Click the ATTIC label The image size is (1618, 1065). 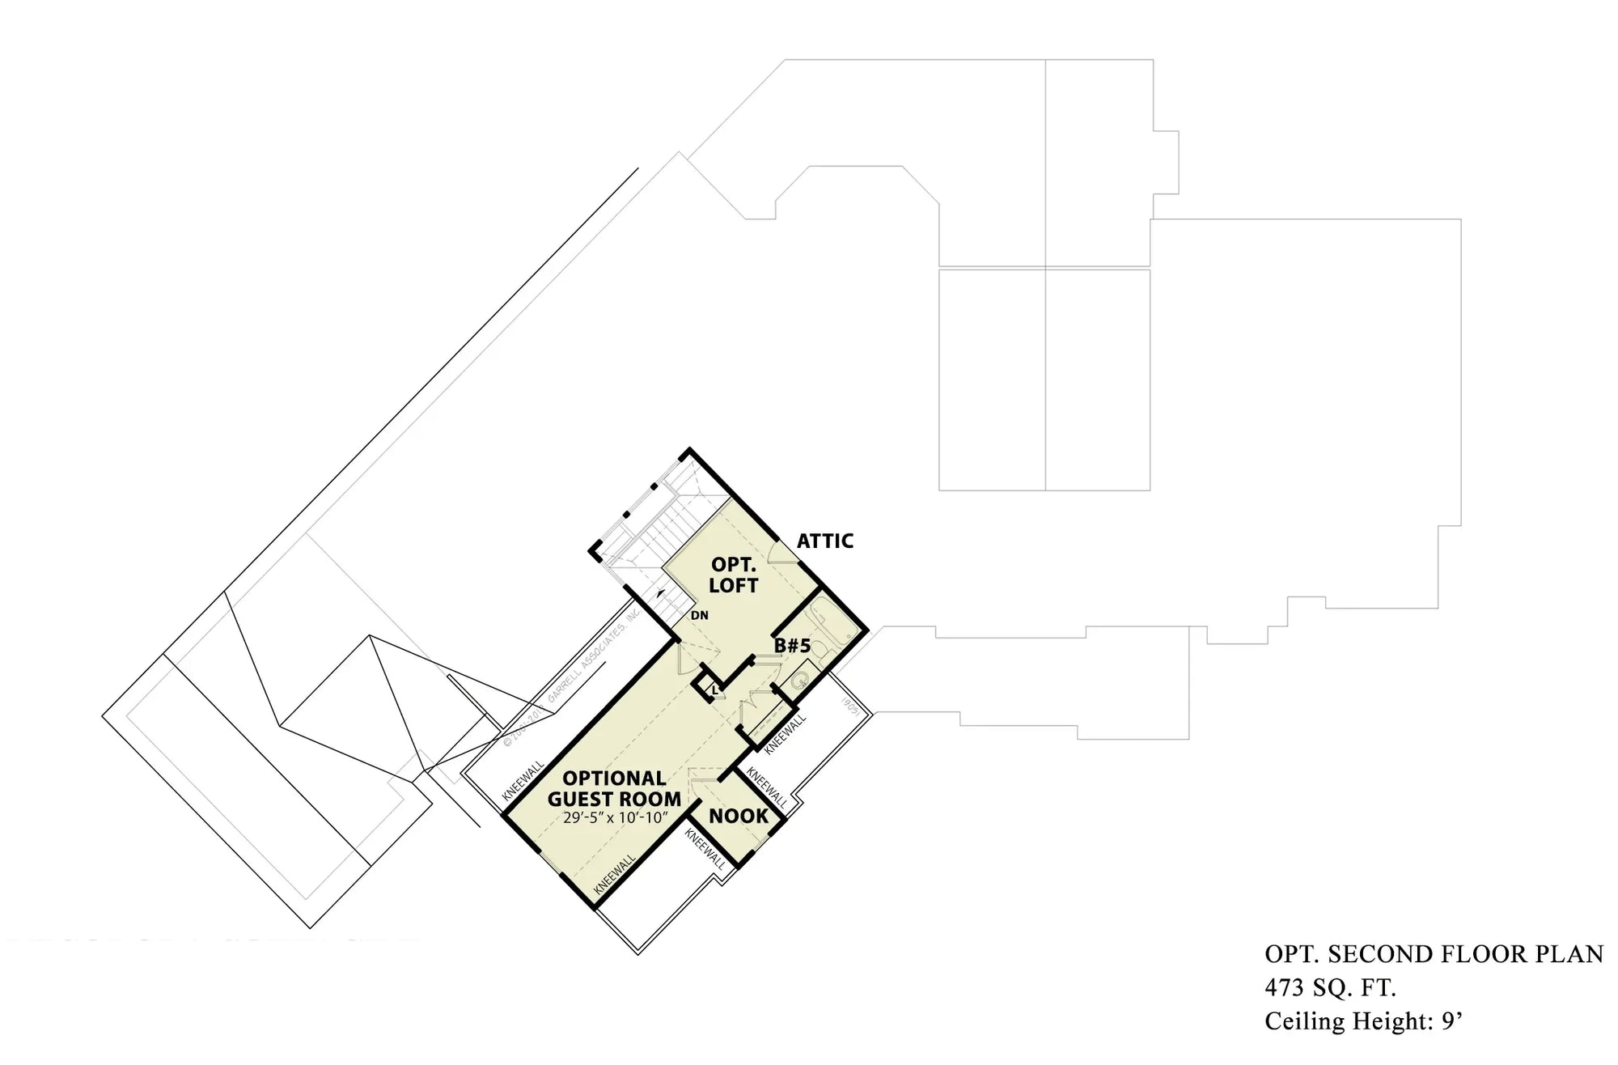pos(824,541)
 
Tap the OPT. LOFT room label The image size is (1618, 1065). pos(734,575)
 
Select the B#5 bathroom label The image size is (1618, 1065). pos(792,646)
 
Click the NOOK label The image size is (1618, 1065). pos(738,816)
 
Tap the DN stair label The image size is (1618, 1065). pos(700,615)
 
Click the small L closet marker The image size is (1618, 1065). pos(714,690)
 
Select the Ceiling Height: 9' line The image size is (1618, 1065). pos(1364,1021)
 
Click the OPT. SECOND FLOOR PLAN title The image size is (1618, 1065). pos(1434,954)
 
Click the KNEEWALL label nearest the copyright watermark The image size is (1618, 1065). pos(523,780)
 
